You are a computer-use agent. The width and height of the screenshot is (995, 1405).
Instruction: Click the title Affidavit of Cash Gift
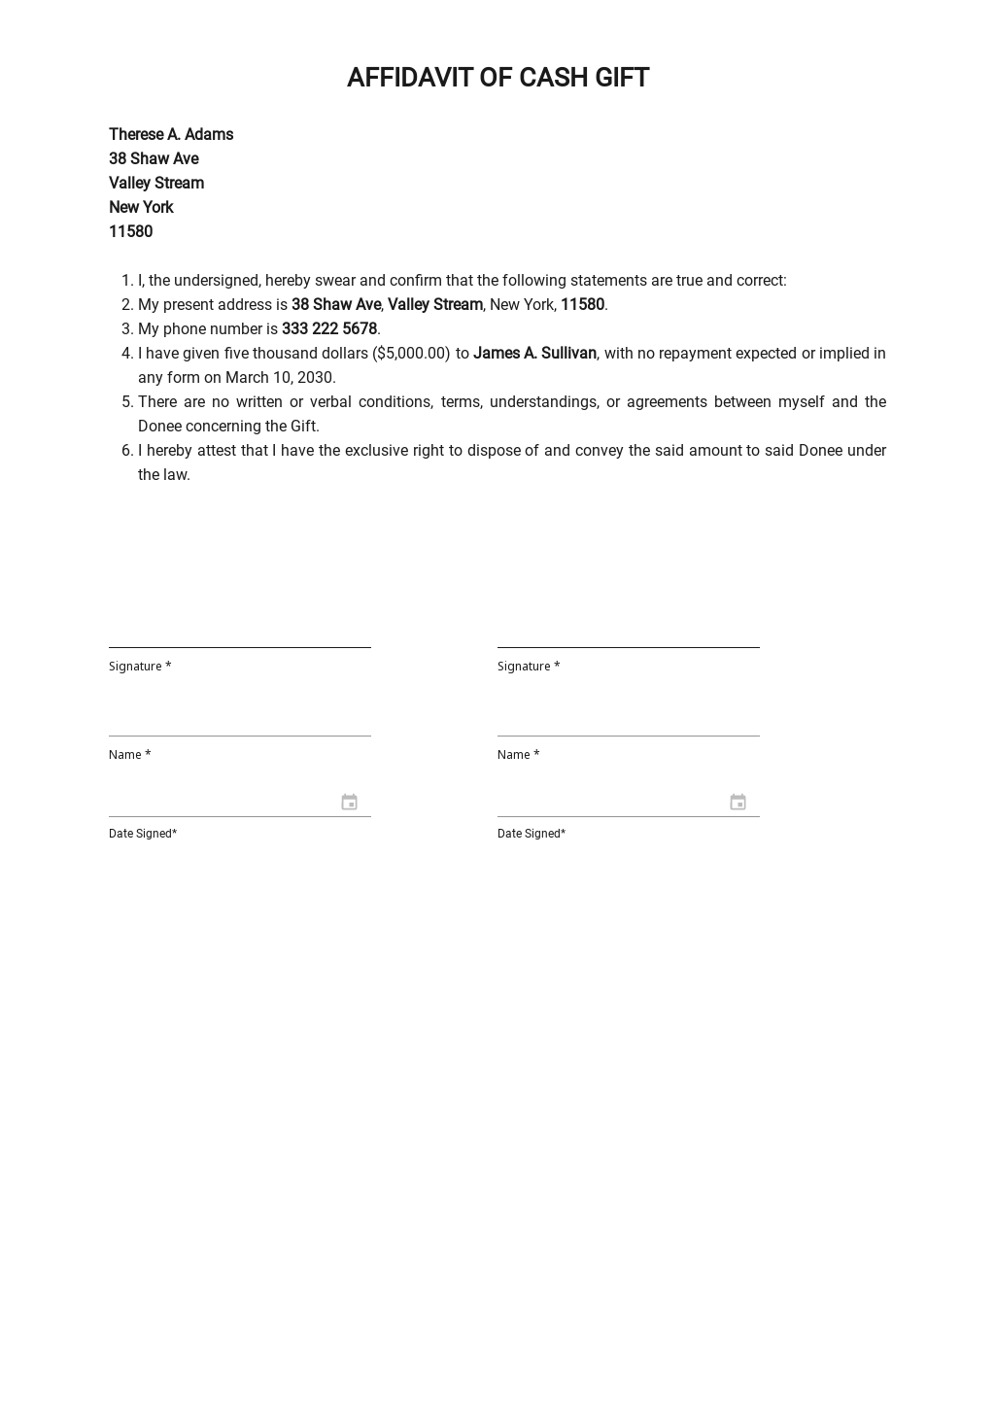pos(497,78)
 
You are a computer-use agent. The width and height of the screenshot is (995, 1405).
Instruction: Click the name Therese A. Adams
pos(171,134)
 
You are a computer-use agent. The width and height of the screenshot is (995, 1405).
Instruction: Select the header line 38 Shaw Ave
pos(154,158)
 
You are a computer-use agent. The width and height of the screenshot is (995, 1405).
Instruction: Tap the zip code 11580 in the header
pos(130,231)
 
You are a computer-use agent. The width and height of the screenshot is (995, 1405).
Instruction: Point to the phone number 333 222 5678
pos(329,328)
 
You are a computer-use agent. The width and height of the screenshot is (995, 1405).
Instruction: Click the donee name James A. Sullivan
pos(534,353)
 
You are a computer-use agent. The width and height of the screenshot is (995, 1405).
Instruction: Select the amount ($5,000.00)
pos(411,353)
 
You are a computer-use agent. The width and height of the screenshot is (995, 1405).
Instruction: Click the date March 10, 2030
pos(281,377)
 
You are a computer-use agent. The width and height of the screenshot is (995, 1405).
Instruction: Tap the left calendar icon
pos(350,802)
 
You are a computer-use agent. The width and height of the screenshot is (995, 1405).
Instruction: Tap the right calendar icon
pos(738,802)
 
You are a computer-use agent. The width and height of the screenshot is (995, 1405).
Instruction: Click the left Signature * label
pos(140,666)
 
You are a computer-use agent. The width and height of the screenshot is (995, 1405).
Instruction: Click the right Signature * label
pos(529,666)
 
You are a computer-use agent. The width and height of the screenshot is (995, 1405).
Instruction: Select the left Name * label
pos(129,754)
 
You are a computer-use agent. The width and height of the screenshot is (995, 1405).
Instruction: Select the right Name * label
pos(518,754)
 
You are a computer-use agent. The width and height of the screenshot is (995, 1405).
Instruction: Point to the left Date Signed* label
pos(143,833)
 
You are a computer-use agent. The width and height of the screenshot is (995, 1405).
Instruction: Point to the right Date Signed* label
pos(532,833)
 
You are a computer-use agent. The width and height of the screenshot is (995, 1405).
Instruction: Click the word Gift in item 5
pos(304,426)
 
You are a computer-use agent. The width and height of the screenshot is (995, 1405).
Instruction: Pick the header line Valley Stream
pos(156,183)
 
